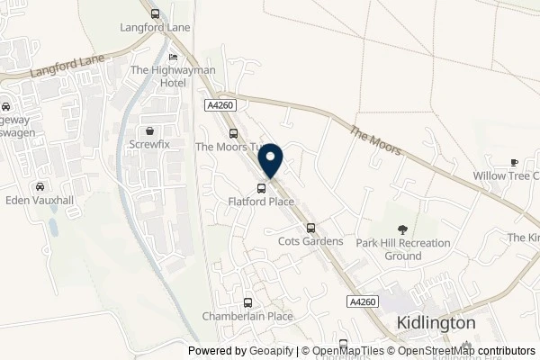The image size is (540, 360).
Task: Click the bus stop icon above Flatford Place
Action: (261, 188)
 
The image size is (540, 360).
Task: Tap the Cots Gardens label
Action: (310, 241)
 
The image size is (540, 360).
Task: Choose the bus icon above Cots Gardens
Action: (310, 228)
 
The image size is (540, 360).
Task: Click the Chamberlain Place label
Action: (247, 316)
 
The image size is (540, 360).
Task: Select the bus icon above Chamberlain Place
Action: (247, 302)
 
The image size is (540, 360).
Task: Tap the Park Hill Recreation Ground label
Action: (400, 249)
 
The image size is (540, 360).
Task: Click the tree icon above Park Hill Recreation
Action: (400, 229)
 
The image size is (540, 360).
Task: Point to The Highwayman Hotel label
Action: (158, 76)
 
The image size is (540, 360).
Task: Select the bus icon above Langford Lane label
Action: (156, 14)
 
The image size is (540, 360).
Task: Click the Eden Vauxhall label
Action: (39, 200)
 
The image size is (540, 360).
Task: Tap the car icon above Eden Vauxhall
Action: (40, 186)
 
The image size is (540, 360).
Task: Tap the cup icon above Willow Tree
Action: (515, 163)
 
